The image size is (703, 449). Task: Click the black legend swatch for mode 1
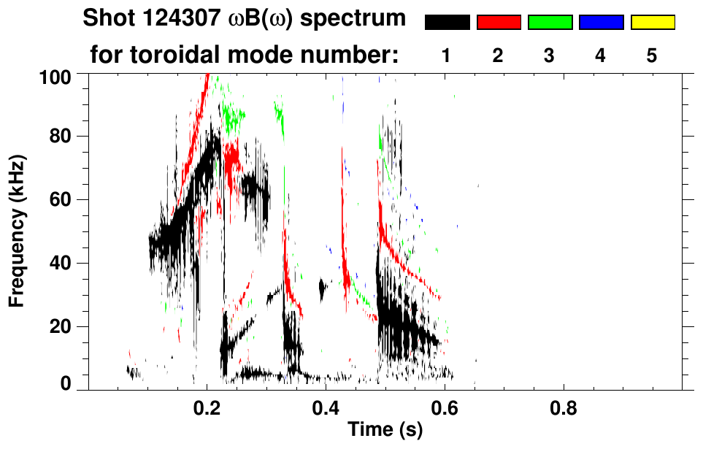tap(447, 23)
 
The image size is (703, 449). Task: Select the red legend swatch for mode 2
tap(499, 23)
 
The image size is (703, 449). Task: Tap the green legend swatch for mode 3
tap(550, 23)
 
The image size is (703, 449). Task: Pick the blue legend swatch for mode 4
tap(601, 23)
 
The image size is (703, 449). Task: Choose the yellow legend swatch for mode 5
tap(652, 23)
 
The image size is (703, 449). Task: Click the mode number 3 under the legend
tap(549, 56)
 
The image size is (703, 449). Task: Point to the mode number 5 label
tap(652, 56)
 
